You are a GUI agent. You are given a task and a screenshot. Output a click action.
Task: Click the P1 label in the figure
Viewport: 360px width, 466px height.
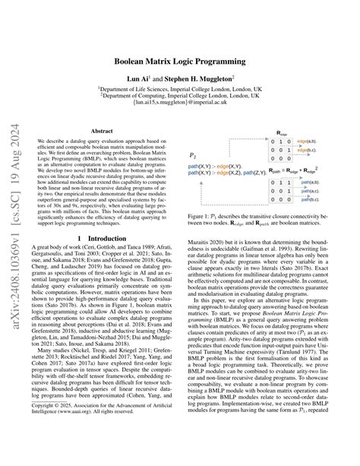(191, 154)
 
